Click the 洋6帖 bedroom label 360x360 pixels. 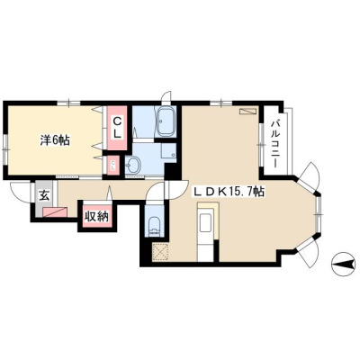pyautogui.click(x=55, y=140)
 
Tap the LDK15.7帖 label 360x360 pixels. pyautogui.click(x=228, y=192)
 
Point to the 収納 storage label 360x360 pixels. pyautogui.click(x=95, y=216)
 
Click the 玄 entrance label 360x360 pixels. pyautogui.click(x=44, y=196)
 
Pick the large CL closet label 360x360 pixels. pyautogui.click(x=117, y=128)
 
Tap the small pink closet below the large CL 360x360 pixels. pyautogui.click(x=113, y=165)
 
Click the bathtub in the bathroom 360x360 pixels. pyautogui.click(x=166, y=122)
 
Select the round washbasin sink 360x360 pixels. pyautogui.click(x=133, y=165)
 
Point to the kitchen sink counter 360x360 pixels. pyautogui.click(x=206, y=222)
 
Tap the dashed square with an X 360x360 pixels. pyautogui.click(x=160, y=251)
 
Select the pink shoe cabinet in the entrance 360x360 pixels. pyautogui.click(x=55, y=211)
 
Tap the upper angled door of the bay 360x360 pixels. pyautogui.click(x=307, y=176)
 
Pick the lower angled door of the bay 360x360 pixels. pyautogui.click(x=307, y=251)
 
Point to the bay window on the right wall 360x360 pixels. pyautogui.click(x=319, y=214)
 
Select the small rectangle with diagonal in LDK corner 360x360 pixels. pyautogui.click(x=247, y=111)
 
